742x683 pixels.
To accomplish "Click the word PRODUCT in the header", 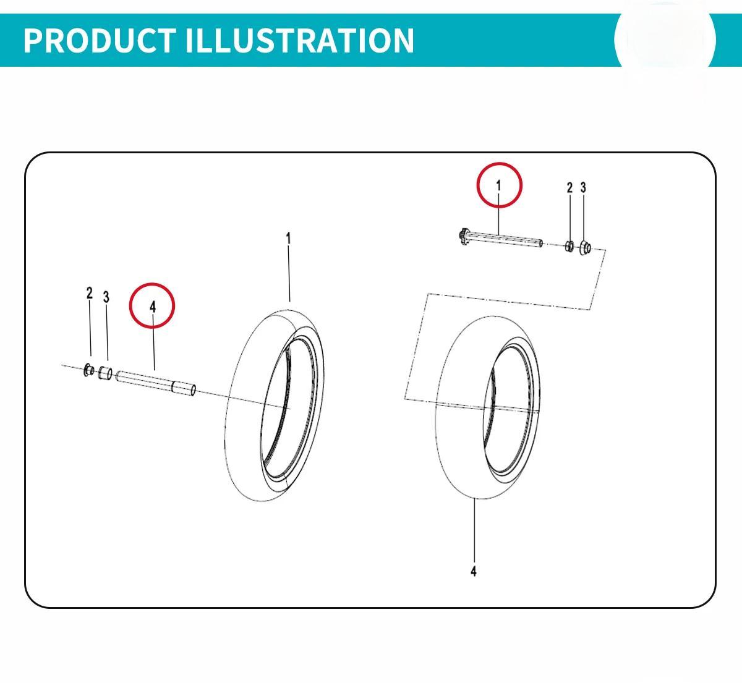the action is tap(100, 40).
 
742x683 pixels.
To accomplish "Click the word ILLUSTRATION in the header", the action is tap(299, 40).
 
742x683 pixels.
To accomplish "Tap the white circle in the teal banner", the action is tap(665, 41).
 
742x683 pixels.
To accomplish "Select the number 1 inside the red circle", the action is tap(498, 185).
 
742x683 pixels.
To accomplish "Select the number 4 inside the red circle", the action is tap(152, 307).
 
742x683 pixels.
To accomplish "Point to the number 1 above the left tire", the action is tap(289, 238).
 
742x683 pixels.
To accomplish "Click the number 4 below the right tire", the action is tap(474, 571).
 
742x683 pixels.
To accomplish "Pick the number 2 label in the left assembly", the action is tap(90, 293).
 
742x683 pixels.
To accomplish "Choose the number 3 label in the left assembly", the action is tap(106, 297).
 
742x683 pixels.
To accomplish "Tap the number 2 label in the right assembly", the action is tap(569, 187).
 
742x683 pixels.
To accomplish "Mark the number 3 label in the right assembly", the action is tap(583, 187).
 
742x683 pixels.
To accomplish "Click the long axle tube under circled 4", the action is tap(156, 383).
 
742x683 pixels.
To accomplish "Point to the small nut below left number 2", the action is tap(89, 370).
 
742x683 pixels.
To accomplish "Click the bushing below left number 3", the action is tap(104, 373).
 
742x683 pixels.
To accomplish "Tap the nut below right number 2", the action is tap(570, 246).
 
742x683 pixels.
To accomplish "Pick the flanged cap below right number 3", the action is tap(584, 247).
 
